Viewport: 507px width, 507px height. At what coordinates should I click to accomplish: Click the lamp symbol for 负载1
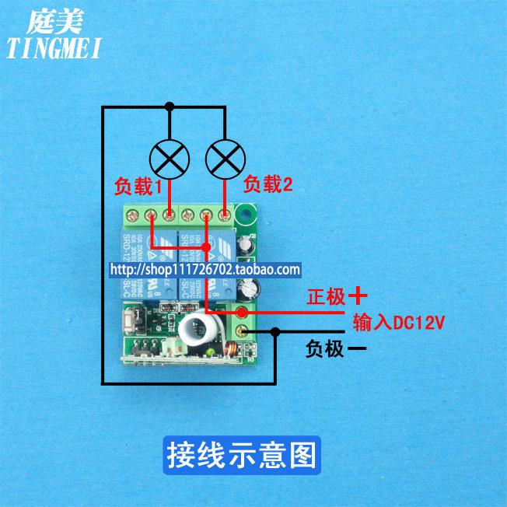tap(170, 159)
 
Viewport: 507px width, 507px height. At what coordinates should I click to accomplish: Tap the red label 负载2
tap(268, 184)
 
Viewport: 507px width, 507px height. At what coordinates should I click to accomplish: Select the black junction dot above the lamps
tap(170, 106)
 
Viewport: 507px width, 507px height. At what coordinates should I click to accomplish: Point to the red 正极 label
tap(325, 296)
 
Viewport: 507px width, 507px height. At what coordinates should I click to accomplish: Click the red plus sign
tap(357, 295)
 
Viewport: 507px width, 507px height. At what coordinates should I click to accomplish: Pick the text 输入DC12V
tap(398, 322)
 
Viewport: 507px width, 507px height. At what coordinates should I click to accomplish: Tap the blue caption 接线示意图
tap(241, 455)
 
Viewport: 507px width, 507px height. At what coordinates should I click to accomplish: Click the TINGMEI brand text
tap(54, 49)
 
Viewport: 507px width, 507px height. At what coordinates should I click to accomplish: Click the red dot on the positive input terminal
tap(243, 313)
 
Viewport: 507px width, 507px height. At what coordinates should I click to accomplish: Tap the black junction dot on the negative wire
tap(275, 333)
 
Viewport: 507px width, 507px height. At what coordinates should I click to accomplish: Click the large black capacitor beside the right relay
tap(250, 288)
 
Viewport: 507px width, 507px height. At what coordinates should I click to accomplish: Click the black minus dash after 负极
tap(357, 349)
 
